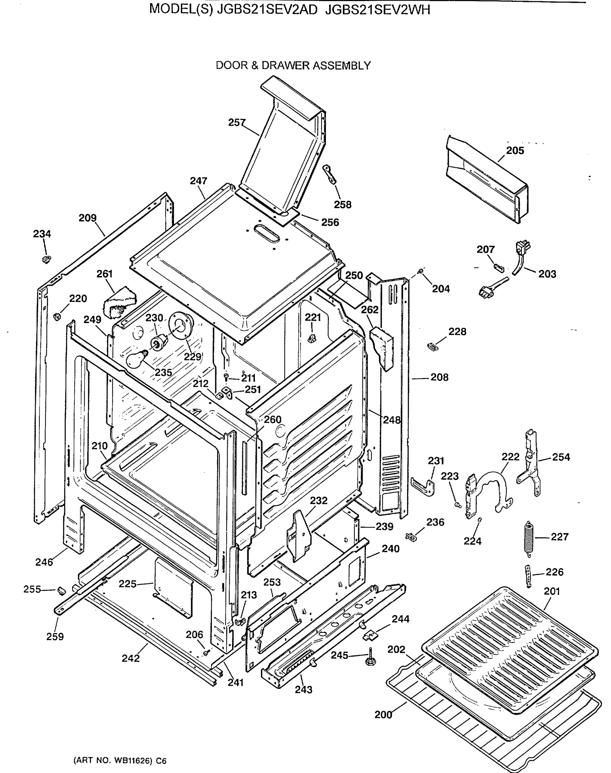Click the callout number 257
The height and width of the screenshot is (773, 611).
237,123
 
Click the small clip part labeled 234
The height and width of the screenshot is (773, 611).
46,259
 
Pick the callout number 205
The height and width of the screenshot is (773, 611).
515,151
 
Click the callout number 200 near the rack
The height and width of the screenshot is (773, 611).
383,715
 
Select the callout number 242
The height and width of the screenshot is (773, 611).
131,658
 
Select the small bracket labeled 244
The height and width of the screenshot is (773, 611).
370,635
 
